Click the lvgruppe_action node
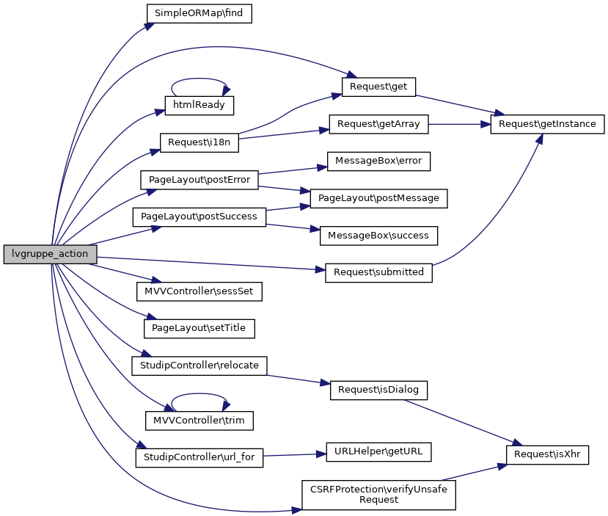pyautogui.click(x=50, y=254)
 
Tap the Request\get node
pyautogui.click(x=378, y=87)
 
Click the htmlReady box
pyautogui.click(x=199, y=105)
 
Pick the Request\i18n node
pyautogui.click(x=199, y=142)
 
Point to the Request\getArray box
pyautogui.click(x=378, y=124)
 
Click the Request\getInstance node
pyautogui.click(x=548, y=124)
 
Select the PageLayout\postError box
pyautogui.click(x=199, y=180)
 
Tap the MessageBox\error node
pyautogui.click(x=378, y=161)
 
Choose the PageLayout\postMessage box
pyautogui.click(x=378, y=198)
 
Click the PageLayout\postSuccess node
pyautogui.click(x=199, y=217)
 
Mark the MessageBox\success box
pyautogui.click(x=378, y=236)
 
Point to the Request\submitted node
pyautogui.click(x=378, y=272)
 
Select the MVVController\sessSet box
pyautogui.click(x=199, y=291)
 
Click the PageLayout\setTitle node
pyautogui.click(x=199, y=328)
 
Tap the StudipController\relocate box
pyautogui.click(x=199, y=365)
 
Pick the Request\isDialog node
pyautogui.click(x=378, y=390)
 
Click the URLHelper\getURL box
pyautogui.click(x=378, y=452)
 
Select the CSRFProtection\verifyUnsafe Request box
pyautogui.click(x=378, y=495)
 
